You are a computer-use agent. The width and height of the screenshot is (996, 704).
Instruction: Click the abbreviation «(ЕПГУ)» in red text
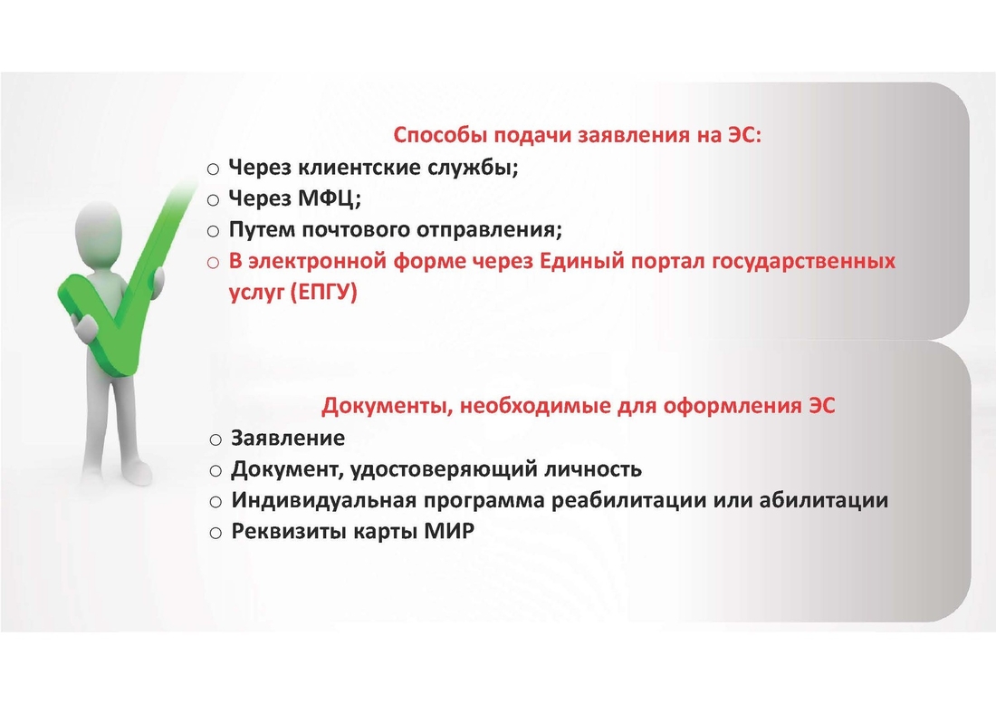(324, 293)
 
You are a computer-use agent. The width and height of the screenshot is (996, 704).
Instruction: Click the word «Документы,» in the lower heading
(386, 405)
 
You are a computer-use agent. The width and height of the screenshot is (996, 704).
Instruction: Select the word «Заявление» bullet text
(288, 438)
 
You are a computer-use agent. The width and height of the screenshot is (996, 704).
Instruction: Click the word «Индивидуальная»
(324, 501)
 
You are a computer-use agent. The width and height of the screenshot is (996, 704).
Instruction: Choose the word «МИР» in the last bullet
(450, 531)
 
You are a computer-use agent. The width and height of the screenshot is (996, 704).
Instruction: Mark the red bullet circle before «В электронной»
(214, 263)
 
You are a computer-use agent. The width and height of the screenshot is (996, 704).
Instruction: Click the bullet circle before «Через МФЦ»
(214, 201)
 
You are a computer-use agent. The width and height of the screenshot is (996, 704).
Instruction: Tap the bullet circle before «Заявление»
(216, 439)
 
